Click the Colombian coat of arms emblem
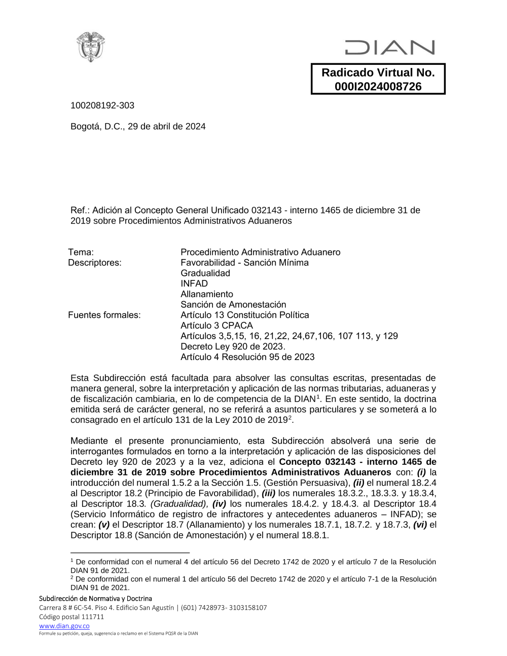pos(91,47)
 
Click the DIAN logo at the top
pos(390,48)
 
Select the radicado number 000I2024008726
pos(378,87)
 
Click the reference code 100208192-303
pos(102,105)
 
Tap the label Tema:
pos(81,252)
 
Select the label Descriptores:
pos(95,263)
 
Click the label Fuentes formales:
pos(104,315)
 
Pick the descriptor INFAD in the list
pos(194,283)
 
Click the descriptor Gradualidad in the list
pos(205,273)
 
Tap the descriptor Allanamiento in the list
pos(207,294)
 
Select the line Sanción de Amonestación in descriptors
pos(233,305)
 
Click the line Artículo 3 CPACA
pos(216,325)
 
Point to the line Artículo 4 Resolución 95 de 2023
pos(247,357)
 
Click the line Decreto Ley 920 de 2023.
pos(233,346)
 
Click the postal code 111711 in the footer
pos(93,617)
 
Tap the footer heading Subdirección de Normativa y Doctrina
pos(95,599)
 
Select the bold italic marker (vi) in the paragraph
pos(420,525)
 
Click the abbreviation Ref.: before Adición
pos(79,210)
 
